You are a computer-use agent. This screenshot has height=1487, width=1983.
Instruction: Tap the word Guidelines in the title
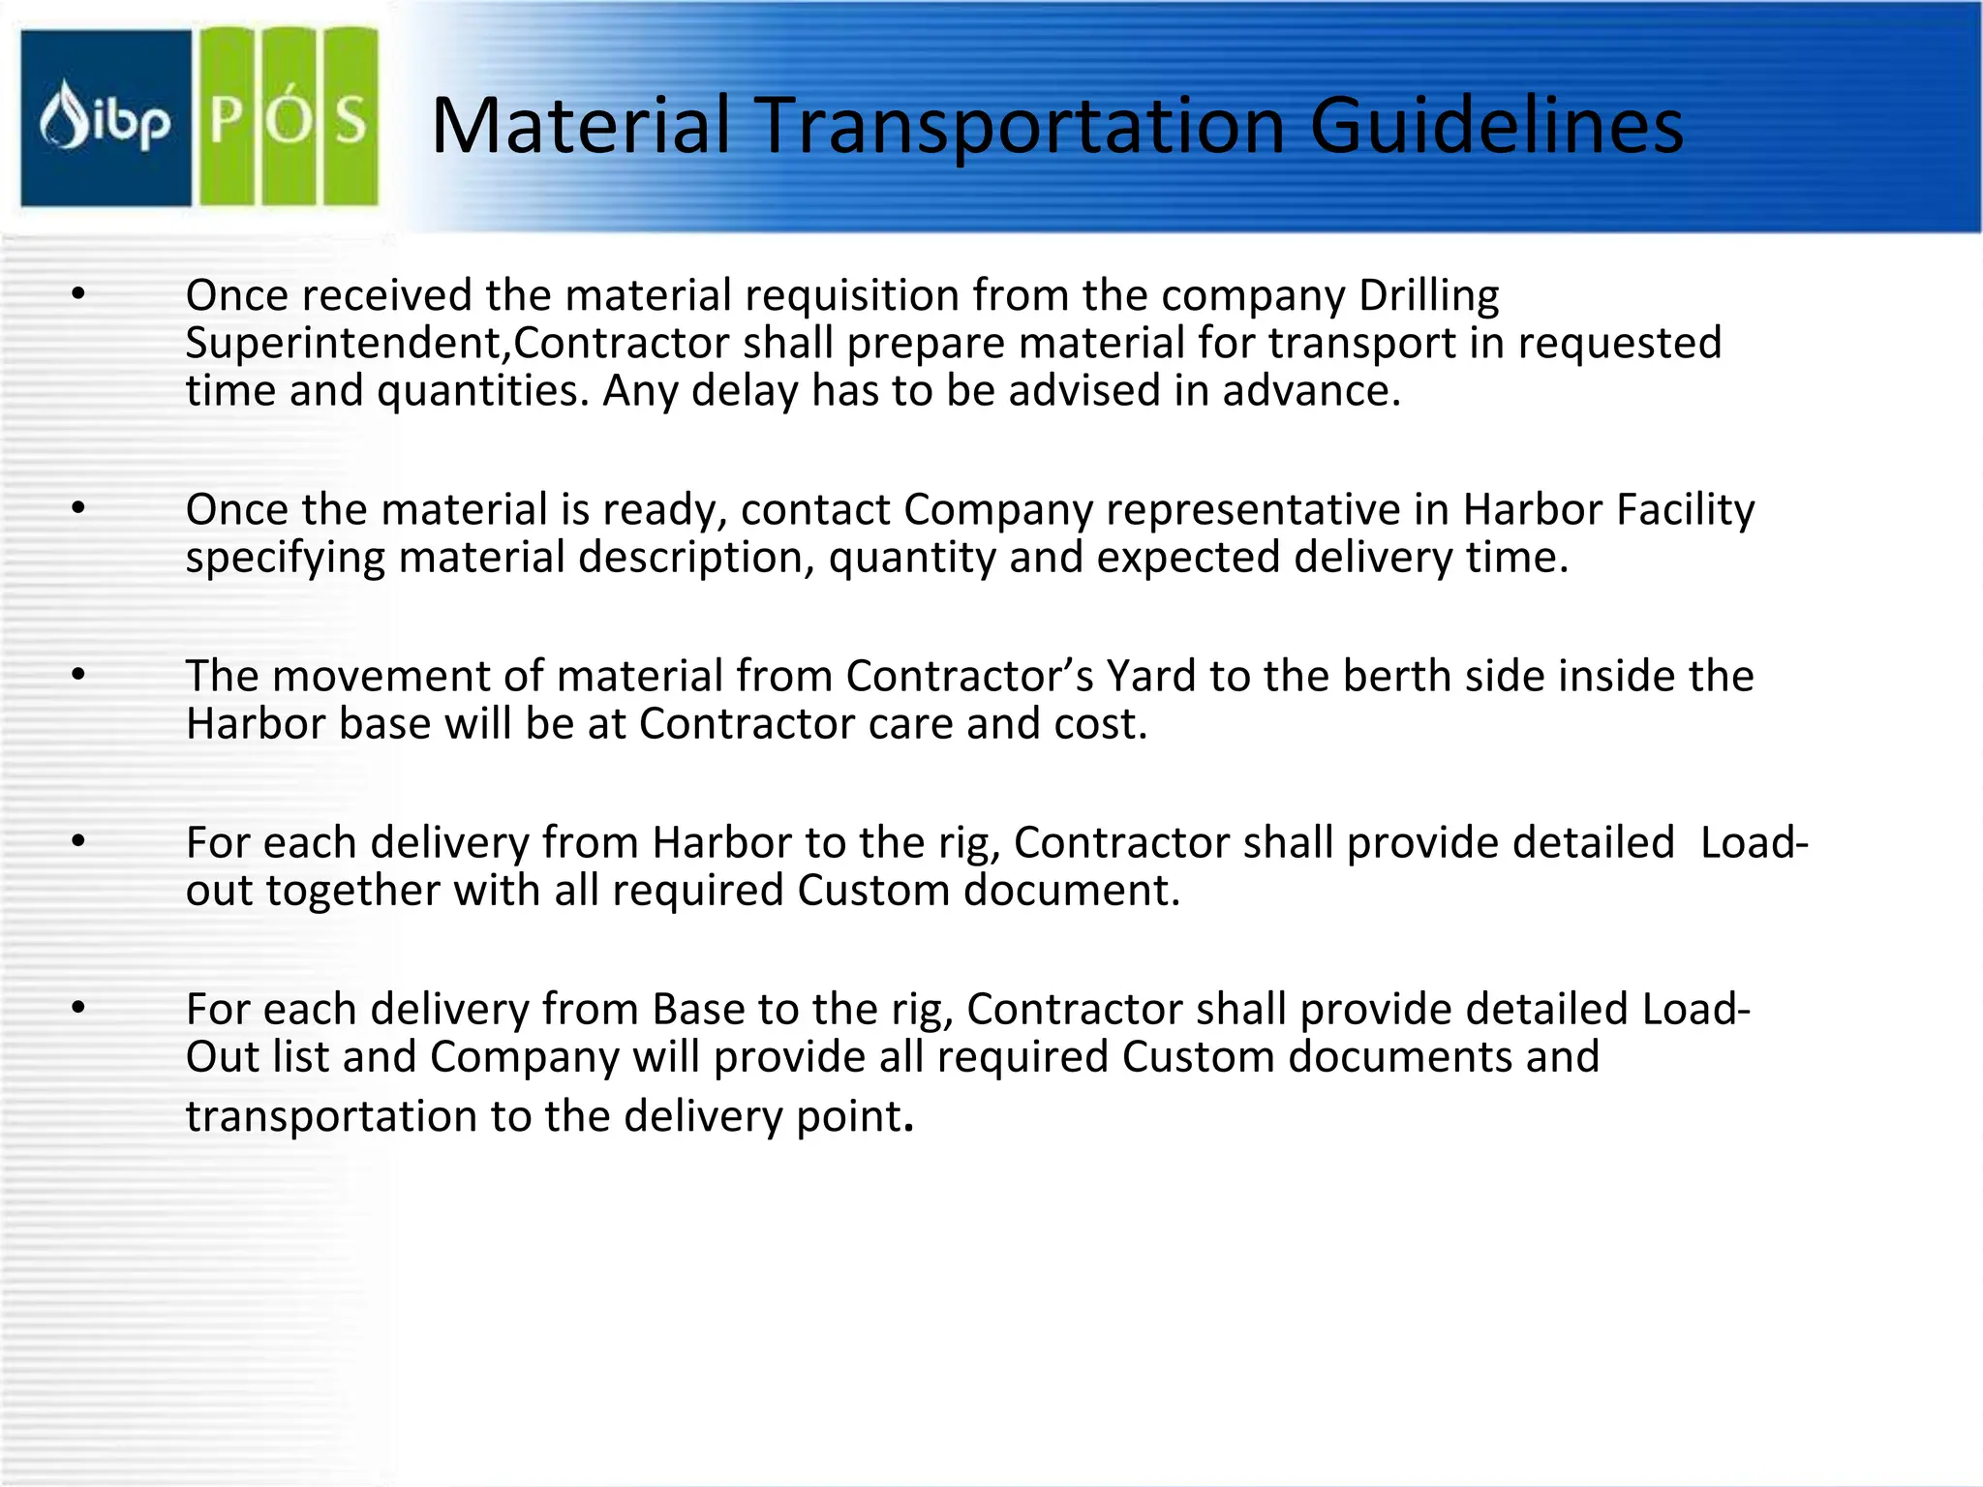pyautogui.click(x=1496, y=126)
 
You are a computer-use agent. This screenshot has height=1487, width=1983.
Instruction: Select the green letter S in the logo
pyautogui.click(x=350, y=120)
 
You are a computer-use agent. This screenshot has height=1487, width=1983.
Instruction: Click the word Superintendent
pyautogui.click(x=348, y=344)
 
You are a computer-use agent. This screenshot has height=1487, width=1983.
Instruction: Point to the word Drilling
pyautogui.click(x=1428, y=296)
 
